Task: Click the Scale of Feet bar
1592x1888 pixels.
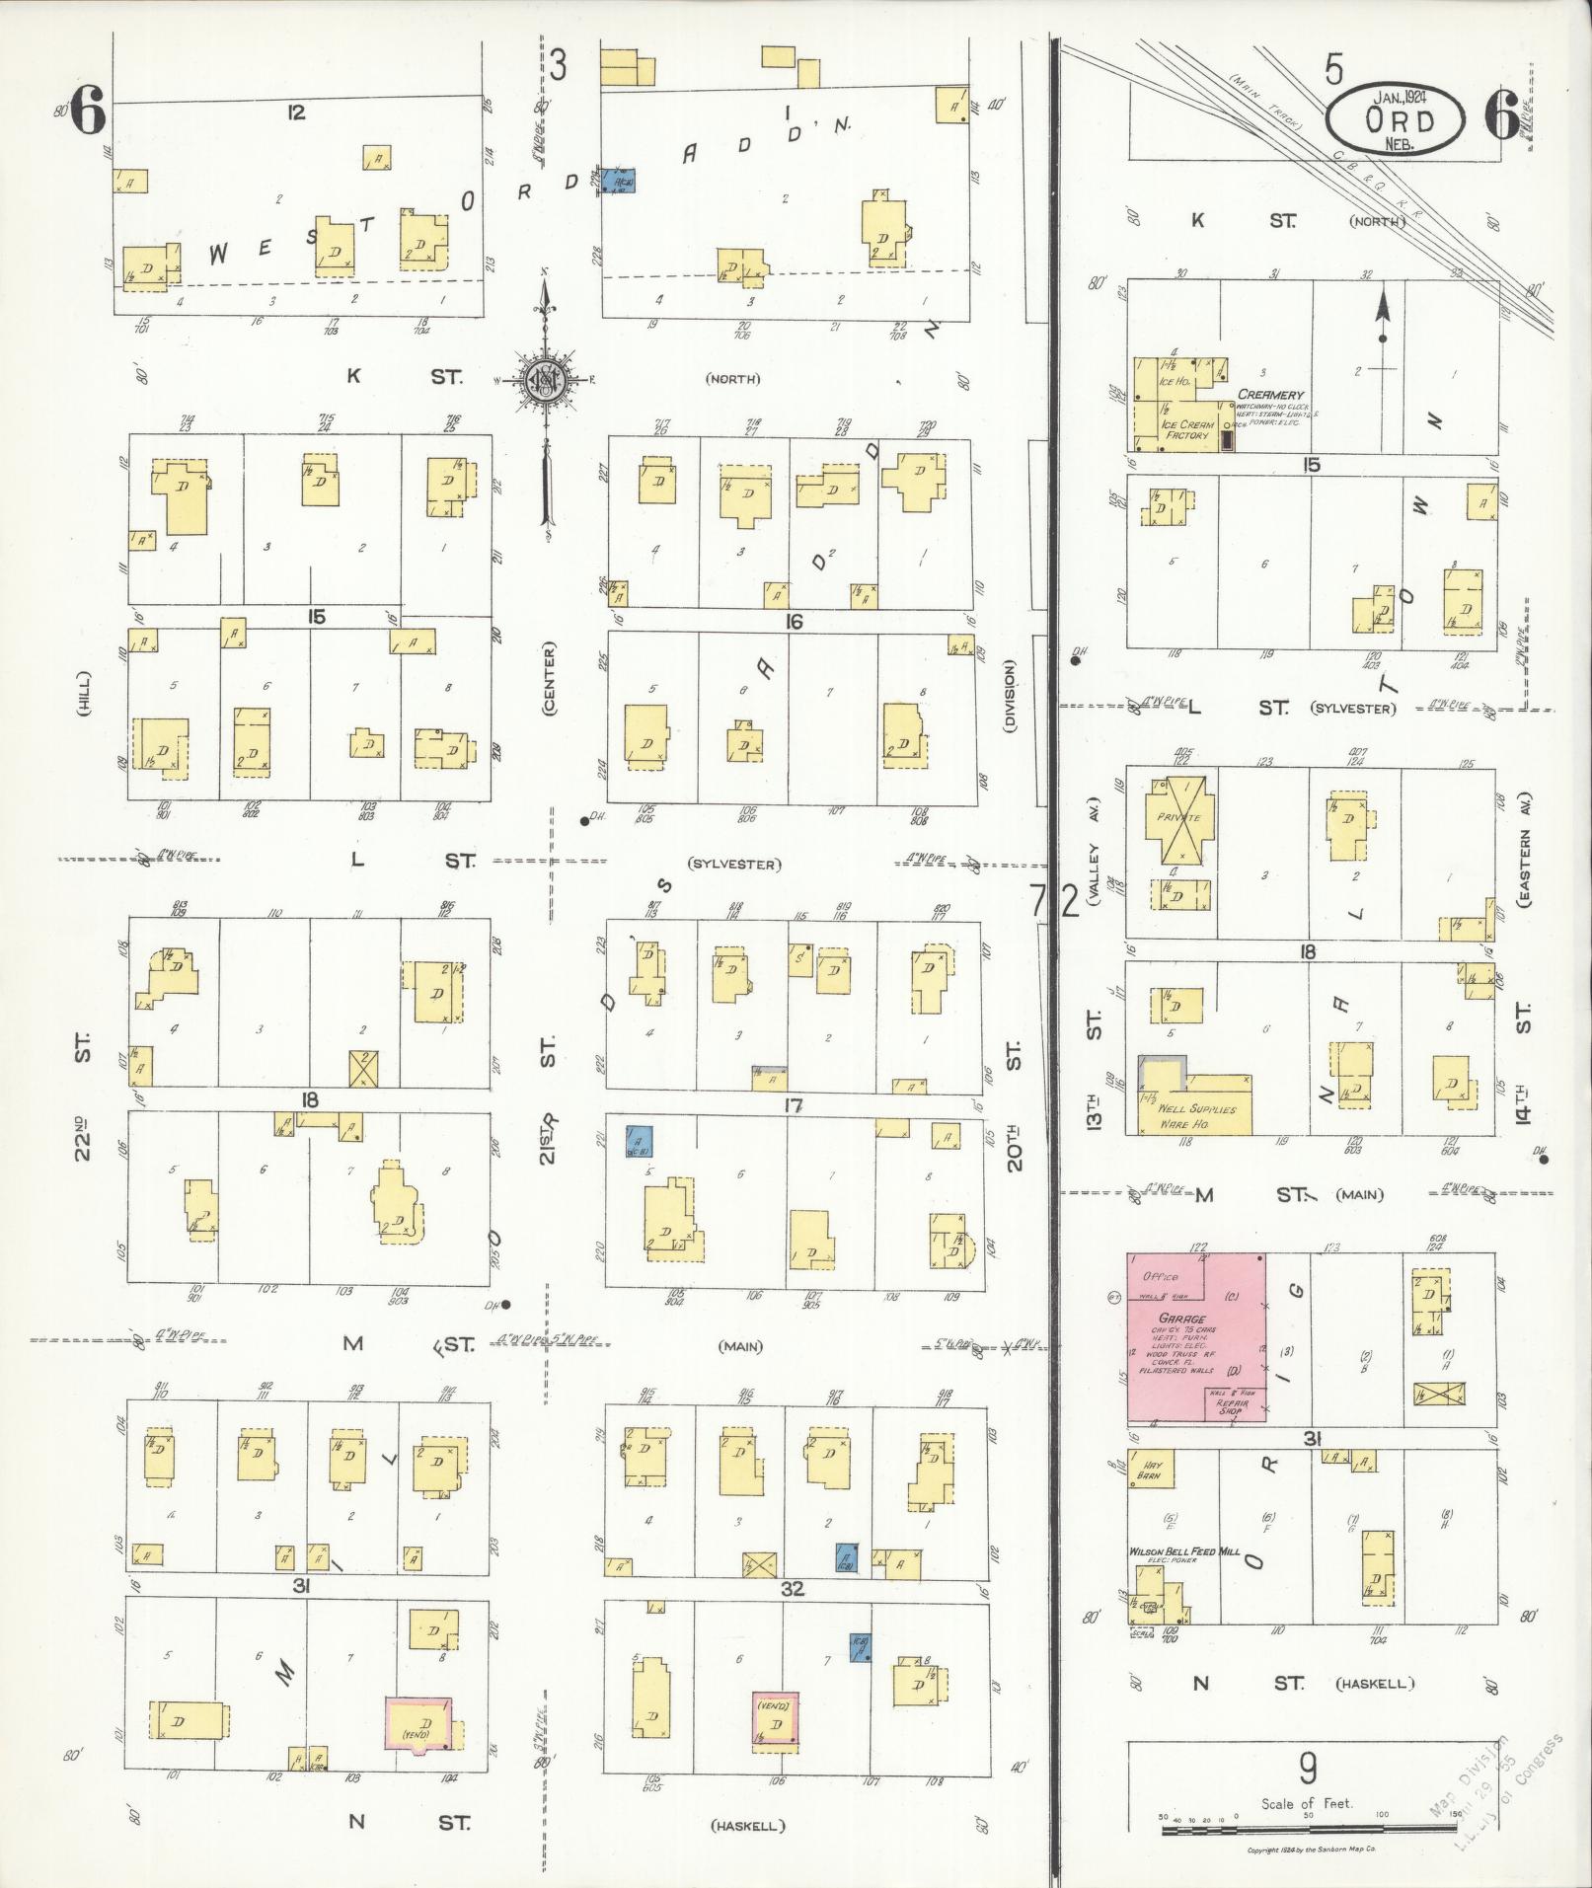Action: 1307,1831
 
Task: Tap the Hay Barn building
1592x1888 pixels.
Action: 1148,1470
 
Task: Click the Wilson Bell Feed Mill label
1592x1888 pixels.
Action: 1184,1552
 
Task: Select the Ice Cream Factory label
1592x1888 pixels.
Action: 1187,429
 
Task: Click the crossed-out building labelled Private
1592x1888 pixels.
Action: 1180,818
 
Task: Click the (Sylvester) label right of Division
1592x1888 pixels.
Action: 1353,709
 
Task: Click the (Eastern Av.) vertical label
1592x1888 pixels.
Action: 1524,850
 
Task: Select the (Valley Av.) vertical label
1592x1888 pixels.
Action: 1093,850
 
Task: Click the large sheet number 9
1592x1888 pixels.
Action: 1307,1768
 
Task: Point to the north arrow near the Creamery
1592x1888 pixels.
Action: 1383,316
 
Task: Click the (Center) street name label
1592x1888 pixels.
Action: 549,678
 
